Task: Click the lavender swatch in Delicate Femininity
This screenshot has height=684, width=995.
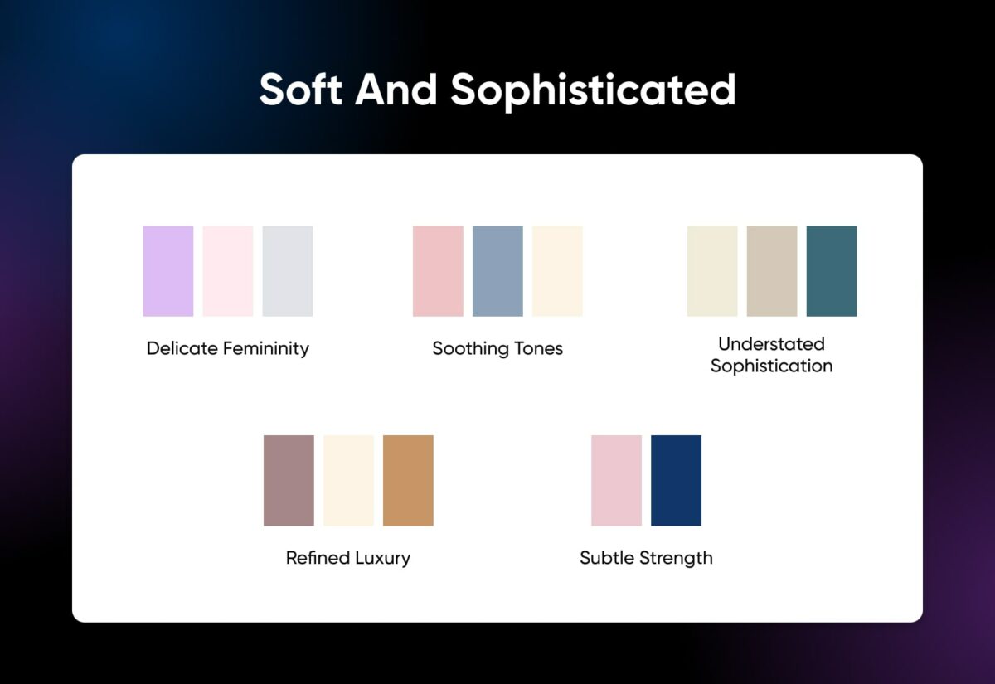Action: pos(167,271)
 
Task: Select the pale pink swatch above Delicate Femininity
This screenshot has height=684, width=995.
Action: pos(228,271)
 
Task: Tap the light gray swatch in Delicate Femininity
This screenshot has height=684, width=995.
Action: pos(288,271)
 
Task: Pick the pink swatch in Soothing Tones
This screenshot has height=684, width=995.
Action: pos(438,271)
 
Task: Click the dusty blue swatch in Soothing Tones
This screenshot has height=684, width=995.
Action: pos(498,271)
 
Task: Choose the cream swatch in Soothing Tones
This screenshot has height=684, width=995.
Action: pos(557,271)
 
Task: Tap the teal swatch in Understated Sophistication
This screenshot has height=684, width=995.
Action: pos(832,271)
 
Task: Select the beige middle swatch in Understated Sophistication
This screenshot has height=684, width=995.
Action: pos(772,271)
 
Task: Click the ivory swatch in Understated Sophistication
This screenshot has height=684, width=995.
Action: pos(712,271)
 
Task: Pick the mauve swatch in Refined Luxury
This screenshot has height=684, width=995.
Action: pos(289,481)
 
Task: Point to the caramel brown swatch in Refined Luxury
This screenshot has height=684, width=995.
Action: pos(408,481)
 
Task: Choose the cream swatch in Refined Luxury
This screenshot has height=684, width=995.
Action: pos(348,481)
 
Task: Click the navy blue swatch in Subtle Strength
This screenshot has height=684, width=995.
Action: pos(676,481)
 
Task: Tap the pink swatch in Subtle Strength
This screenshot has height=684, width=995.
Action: pos(616,481)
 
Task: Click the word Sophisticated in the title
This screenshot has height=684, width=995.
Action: pos(593,90)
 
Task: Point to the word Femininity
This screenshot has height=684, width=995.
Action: pos(266,348)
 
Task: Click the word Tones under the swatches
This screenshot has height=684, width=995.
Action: pos(535,348)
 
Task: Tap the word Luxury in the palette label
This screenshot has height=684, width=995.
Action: pos(382,558)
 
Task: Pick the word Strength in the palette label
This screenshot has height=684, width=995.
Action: pos(675,558)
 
